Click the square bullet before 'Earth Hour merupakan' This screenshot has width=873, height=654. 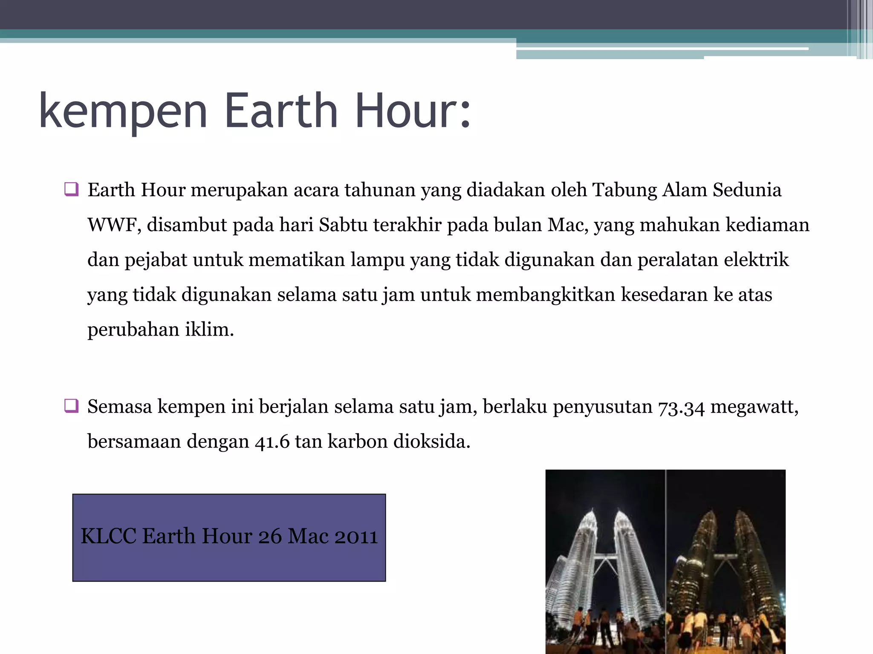tap(71, 189)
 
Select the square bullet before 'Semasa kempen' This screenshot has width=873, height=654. tap(71, 406)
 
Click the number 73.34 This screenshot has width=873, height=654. tap(681, 407)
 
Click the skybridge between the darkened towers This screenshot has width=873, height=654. tap(725, 556)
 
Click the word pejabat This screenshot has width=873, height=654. tap(156, 260)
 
